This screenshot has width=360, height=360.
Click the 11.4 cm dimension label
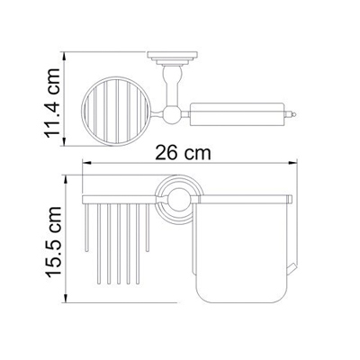53,103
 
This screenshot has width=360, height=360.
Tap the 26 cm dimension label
183,153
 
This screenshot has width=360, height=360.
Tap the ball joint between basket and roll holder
173,114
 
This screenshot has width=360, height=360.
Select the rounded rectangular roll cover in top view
237,114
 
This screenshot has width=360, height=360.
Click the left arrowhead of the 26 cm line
86,163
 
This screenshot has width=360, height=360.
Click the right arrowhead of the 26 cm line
292,163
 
